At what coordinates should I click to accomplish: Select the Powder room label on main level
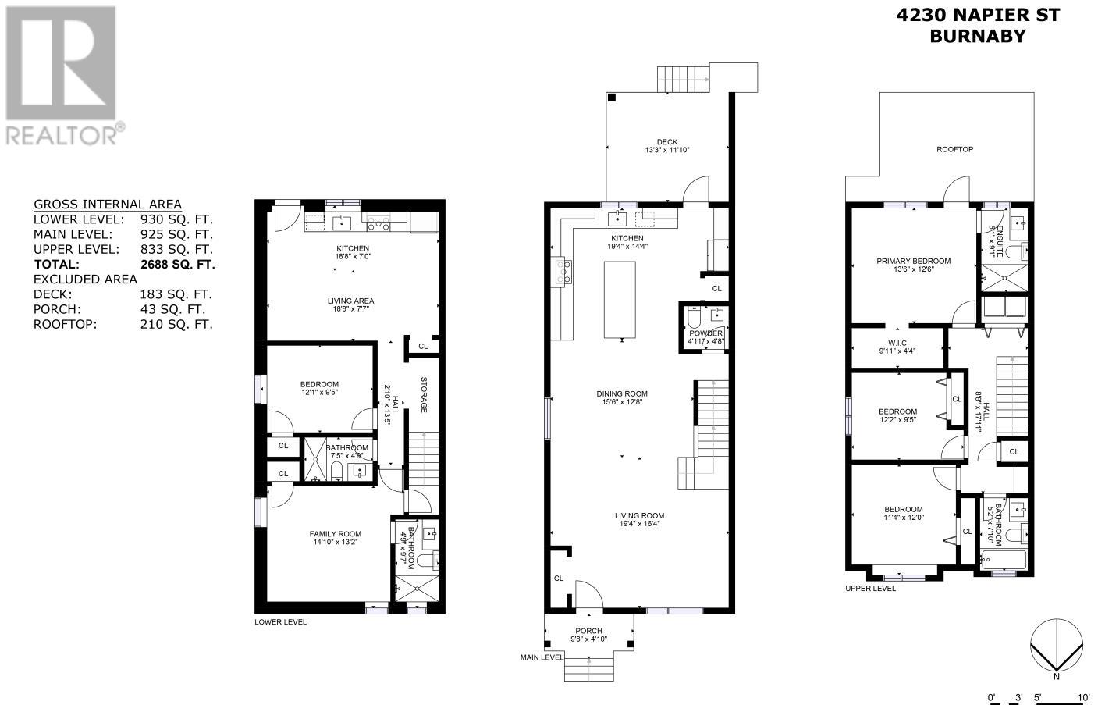[705, 333]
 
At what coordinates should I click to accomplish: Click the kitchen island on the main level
[620, 300]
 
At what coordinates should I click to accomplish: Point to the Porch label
[588, 631]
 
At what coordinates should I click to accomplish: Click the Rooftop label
[954, 149]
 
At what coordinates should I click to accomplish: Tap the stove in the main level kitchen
[562, 272]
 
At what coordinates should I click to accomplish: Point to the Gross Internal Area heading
[107, 205]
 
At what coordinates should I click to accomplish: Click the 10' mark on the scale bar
[1083, 697]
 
